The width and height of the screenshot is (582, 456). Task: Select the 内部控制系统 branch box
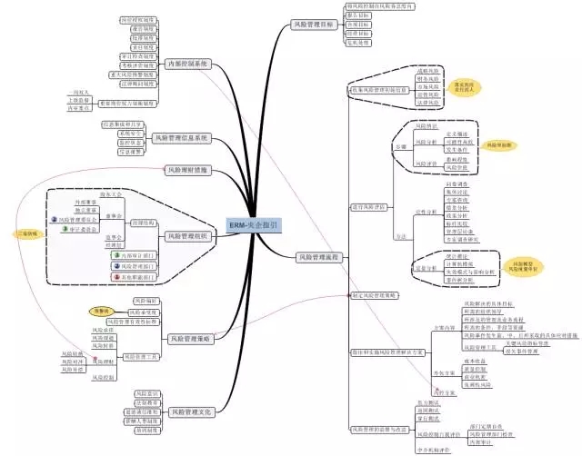click(x=189, y=64)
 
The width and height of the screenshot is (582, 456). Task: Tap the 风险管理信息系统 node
click(x=182, y=138)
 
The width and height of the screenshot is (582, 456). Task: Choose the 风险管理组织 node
click(x=188, y=235)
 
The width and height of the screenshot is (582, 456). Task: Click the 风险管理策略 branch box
click(x=190, y=338)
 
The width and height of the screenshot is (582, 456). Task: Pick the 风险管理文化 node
click(x=190, y=411)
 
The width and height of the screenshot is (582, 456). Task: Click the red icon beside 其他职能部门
click(x=115, y=276)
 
